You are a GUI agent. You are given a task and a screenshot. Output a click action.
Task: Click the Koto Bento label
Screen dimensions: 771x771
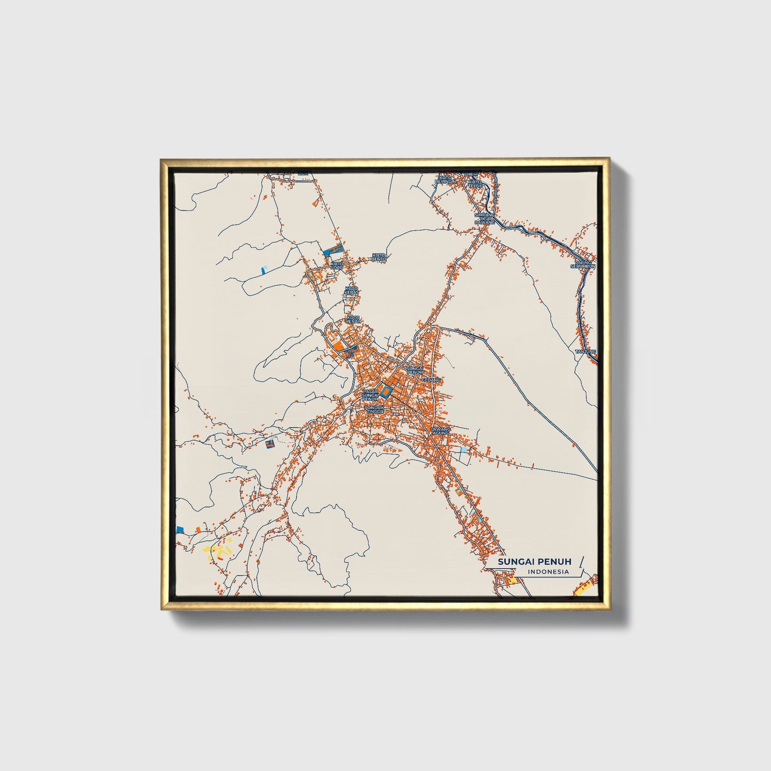pyautogui.click(x=378, y=257)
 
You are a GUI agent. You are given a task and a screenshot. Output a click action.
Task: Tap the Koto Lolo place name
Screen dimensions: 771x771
pyautogui.click(x=337, y=265)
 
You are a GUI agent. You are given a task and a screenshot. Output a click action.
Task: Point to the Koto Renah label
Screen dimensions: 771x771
pyautogui.click(x=353, y=319)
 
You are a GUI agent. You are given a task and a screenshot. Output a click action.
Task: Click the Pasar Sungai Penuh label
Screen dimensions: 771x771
pyautogui.click(x=370, y=395)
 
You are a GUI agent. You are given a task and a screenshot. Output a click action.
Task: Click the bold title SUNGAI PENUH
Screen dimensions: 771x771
pyautogui.click(x=527, y=562)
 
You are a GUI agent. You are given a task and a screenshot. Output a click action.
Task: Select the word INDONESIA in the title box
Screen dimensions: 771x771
pyautogui.click(x=548, y=572)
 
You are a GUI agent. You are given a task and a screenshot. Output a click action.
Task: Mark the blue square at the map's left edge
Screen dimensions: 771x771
pyautogui.click(x=180, y=528)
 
